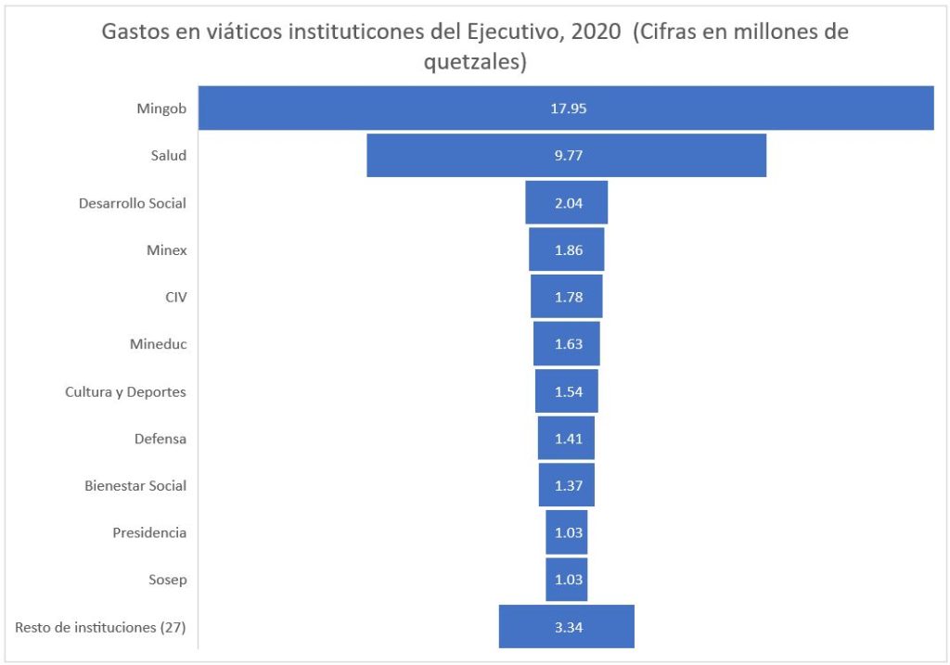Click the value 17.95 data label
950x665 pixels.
pos(568,108)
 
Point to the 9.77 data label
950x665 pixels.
pos(568,155)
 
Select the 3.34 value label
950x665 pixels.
pos(568,627)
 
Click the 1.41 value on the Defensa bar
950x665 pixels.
pos(568,438)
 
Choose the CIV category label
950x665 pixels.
pos(175,297)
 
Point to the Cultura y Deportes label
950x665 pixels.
pos(125,391)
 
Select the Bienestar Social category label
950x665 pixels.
pos(135,485)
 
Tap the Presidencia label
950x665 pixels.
pos(149,532)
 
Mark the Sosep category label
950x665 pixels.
pos(167,580)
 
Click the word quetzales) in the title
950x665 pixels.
pos(475,63)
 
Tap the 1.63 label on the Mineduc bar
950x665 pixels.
pos(568,344)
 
